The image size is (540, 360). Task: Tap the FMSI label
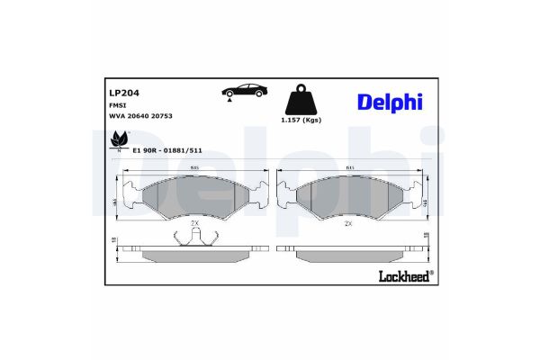117,105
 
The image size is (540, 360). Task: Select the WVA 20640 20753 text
140,116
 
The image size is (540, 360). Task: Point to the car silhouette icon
244,91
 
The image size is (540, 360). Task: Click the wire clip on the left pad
194,237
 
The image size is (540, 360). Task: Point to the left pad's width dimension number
194,168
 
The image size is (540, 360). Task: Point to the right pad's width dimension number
347,168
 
